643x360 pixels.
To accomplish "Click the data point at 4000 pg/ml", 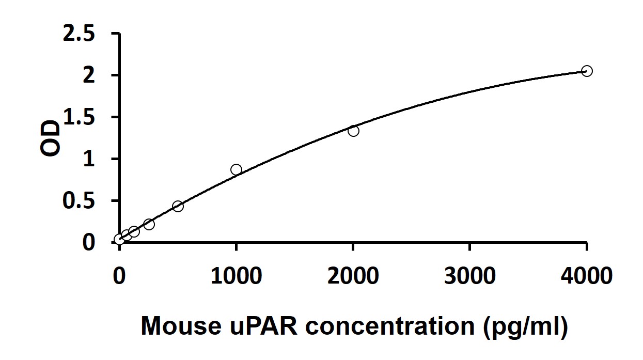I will (x=587, y=71).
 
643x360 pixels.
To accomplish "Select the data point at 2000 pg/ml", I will (x=353, y=131).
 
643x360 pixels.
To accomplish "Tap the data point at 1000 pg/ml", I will (x=236, y=169).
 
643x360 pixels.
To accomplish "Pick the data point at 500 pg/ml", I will (x=178, y=206).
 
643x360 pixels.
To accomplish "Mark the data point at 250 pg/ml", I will (x=149, y=224).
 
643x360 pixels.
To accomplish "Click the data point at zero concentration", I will (x=119, y=240).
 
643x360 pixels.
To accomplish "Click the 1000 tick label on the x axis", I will (x=236, y=276).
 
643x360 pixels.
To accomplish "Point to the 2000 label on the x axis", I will (x=353, y=276).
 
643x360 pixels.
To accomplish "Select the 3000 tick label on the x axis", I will (x=470, y=276).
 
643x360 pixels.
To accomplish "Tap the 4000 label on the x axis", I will (x=587, y=276).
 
